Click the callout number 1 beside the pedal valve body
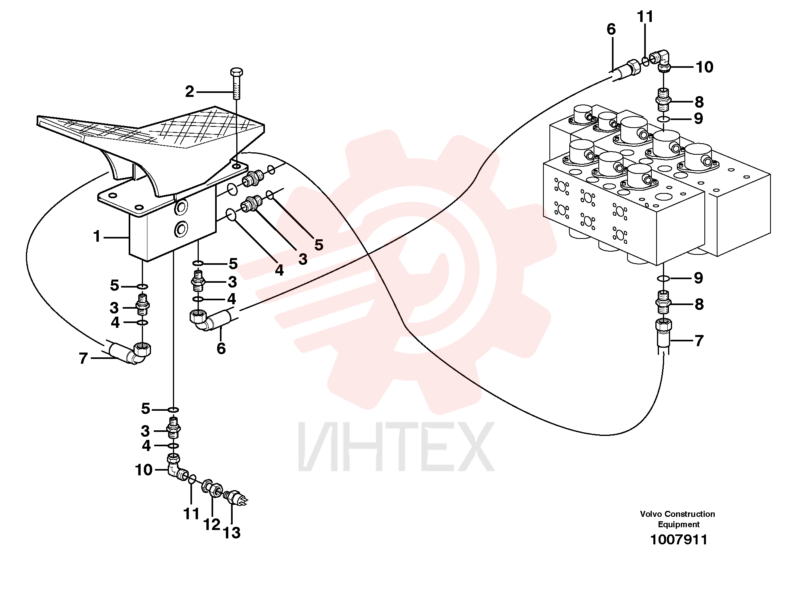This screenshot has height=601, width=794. click(x=97, y=236)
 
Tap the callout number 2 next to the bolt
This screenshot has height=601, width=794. click(x=190, y=92)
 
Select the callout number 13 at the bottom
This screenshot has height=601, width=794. click(x=232, y=533)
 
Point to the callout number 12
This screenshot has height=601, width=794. click(x=212, y=524)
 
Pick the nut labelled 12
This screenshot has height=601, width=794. click(x=212, y=488)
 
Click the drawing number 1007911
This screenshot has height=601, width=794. click(x=679, y=540)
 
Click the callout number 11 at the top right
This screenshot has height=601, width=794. click(x=645, y=17)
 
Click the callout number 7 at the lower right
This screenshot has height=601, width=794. click(x=699, y=341)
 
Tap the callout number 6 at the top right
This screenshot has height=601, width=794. click(x=611, y=29)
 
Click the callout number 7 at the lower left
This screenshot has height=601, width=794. click(x=83, y=358)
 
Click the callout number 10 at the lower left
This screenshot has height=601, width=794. click(x=144, y=470)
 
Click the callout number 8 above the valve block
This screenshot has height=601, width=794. click(x=699, y=102)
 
